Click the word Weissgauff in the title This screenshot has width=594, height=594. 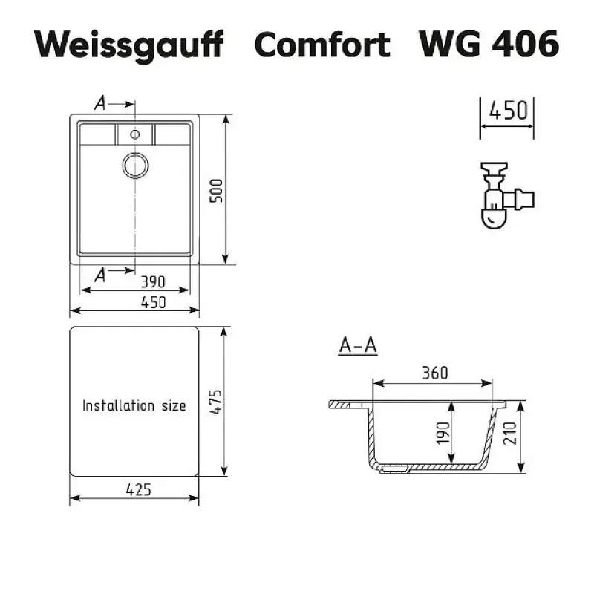pos(128,45)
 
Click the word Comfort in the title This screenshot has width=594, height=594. pos(322,44)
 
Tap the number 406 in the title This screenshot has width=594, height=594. pos(525,44)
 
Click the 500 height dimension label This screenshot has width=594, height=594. pos(216,191)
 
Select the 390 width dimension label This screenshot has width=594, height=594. pos(153,282)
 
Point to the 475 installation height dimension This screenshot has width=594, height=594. pos(215,402)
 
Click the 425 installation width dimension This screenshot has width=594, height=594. pos(139,490)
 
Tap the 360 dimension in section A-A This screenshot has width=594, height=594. pos(435,373)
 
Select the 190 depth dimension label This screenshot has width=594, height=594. pos(443,433)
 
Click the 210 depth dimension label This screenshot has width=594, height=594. pos(510,433)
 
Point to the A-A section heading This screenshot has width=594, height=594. pos(358,345)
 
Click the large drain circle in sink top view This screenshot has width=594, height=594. pos(135,166)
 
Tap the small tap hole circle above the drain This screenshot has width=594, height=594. pos(135,134)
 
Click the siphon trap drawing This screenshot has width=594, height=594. pos(506,195)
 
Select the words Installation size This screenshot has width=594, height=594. pos(134,405)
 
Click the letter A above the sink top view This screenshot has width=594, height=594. pos(100,103)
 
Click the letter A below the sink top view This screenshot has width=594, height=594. pos(100,275)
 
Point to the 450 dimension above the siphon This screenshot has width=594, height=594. pos(508,111)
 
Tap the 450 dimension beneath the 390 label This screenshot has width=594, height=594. pos(153,303)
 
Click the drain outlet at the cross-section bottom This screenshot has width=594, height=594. pos(394,469)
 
